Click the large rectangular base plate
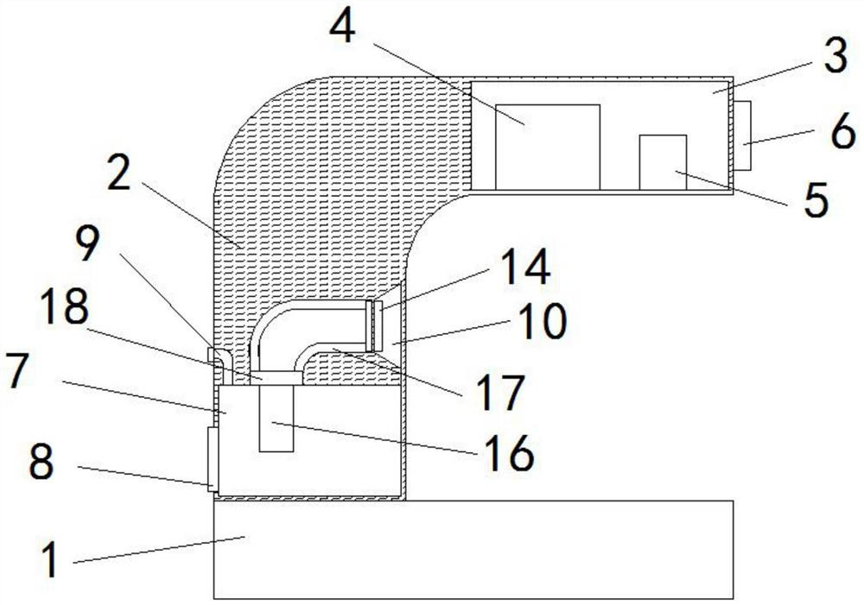click(473, 549)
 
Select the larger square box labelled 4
click(548, 146)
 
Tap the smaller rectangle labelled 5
click(663, 161)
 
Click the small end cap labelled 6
click(742, 136)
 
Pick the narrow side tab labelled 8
click(211, 458)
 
